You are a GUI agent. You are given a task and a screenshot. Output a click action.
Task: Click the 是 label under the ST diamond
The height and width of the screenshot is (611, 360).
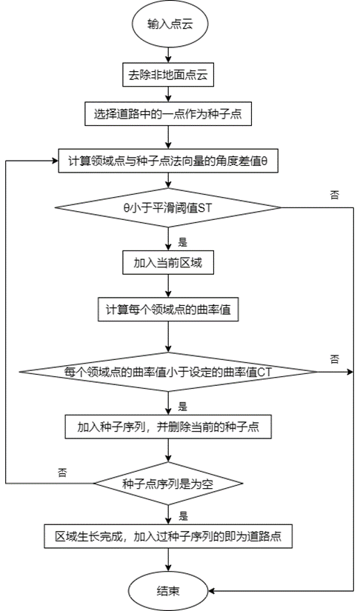[183, 241]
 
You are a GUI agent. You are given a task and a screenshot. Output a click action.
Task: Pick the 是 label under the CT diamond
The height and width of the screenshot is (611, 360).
[183, 405]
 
